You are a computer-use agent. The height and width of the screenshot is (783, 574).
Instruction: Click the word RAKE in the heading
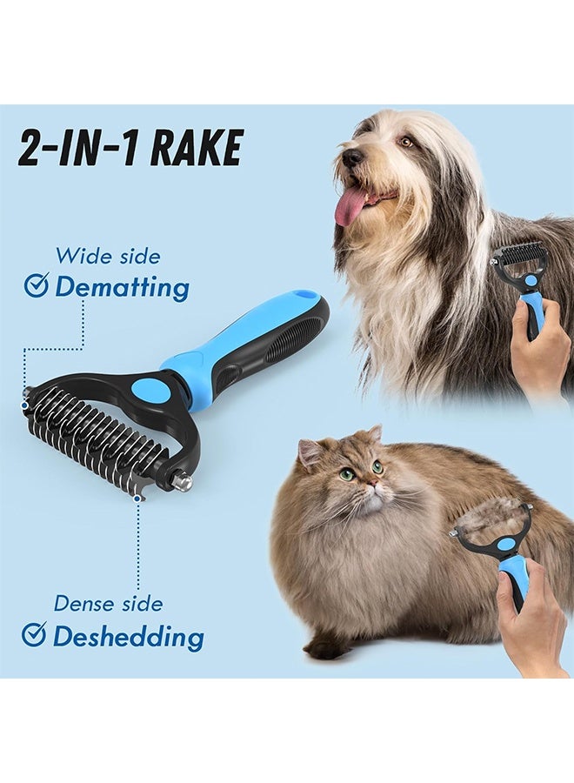pyautogui.click(x=197, y=148)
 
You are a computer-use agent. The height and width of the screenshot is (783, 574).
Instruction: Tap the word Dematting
pyautogui.click(x=122, y=287)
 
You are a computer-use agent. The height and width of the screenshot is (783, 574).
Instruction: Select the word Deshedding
pyautogui.click(x=128, y=636)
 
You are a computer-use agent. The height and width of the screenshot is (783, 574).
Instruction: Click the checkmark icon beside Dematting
pyautogui.click(x=36, y=285)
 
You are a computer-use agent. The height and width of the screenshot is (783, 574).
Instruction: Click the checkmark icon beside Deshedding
pyautogui.click(x=34, y=635)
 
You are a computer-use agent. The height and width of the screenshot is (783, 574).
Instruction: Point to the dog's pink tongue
pyautogui.click(x=351, y=205)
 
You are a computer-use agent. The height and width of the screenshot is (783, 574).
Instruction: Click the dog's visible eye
pyautogui.click(x=405, y=141)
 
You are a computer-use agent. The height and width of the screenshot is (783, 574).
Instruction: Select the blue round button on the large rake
pyautogui.click(x=154, y=390)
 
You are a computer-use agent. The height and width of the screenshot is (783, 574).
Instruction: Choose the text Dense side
pyautogui.click(x=108, y=603)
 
